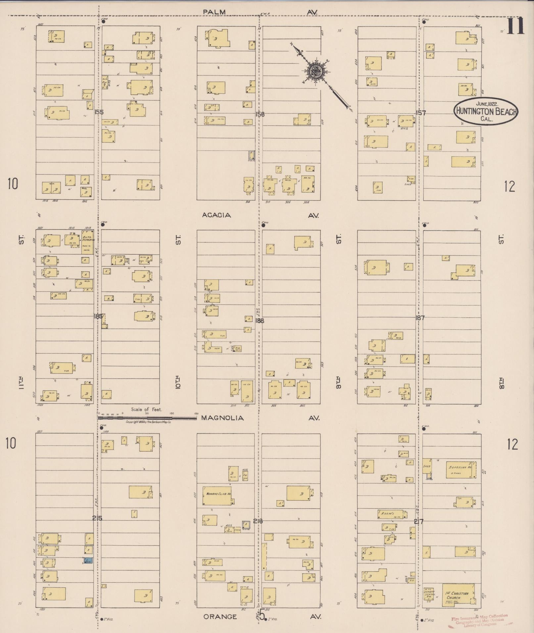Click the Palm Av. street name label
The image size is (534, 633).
tap(214, 12)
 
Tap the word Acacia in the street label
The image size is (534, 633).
tap(217, 215)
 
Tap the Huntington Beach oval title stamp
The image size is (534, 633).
tap(486, 111)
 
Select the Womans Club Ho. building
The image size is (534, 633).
tap(217, 496)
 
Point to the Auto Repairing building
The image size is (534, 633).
tap(88, 242)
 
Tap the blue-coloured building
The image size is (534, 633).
tap(88, 561)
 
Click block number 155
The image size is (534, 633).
tap(99, 112)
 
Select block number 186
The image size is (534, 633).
tap(260, 320)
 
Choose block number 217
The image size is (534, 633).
tap(419, 521)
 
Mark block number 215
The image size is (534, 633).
tap(97, 518)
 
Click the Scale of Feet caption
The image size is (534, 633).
tap(146, 409)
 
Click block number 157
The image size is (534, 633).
tap(421, 113)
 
